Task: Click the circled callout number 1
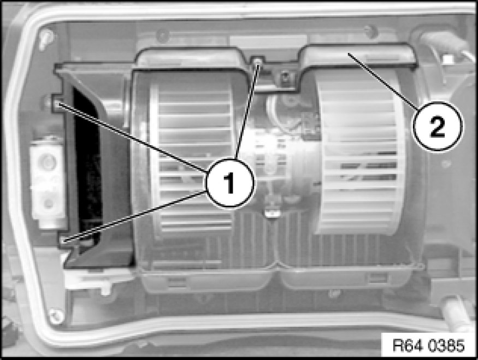pyautogui.click(x=229, y=183)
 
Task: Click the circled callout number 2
pyautogui.click(x=438, y=126)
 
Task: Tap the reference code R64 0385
pyautogui.click(x=429, y=346)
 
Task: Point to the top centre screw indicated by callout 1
pyautogui.click(x=258, y=62)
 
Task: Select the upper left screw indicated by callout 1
pyautogui.click(x=57, y=104)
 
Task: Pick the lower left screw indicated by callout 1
pyautogui.click(x=64, y=240)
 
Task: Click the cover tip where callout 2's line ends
pyautogui.click(x=348, y=54)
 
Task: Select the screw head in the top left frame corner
pyautogui.click(x=46, y=37)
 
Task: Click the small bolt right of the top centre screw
pyautogui.click(x=285, y=75)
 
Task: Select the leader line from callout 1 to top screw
pyautogui.click(x=247, y=110)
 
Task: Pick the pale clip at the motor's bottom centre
pyautogui.click(x=272, y=213)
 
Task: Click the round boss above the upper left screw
pyautogui.click(x=48, y=101)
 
